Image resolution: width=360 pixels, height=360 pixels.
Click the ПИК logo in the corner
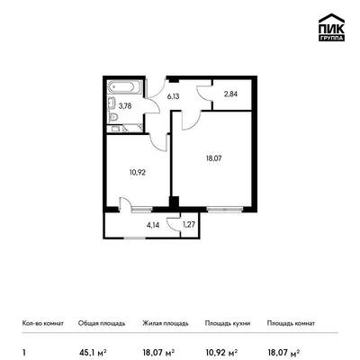point(331,27)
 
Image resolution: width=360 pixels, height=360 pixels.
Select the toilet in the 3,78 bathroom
point(113,118)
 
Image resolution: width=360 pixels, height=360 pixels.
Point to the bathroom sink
point(112,103)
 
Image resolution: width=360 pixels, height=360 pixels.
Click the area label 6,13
point(174,96)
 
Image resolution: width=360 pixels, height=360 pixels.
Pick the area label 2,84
point(231,94)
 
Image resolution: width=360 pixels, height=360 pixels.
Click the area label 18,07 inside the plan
point(213,158)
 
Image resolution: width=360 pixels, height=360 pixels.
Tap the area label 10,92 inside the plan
point(138,173)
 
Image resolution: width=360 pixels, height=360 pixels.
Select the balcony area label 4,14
point(153,225)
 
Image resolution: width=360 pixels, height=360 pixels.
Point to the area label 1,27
point(188,225)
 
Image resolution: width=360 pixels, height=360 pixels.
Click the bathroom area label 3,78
point(125,106)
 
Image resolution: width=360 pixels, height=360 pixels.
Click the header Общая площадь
point(102,323)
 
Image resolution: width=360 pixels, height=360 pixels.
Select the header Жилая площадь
point(166,323)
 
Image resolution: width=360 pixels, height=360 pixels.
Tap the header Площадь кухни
point(228,323)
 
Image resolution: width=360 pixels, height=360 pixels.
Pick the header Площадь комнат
point(291,323)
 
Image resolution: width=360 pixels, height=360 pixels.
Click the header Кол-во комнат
point(43,323)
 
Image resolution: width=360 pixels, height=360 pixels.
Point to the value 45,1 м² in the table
point(93,353)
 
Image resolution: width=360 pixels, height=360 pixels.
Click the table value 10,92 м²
point(222,353)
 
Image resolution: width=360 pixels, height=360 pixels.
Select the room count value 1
point(24,353)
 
